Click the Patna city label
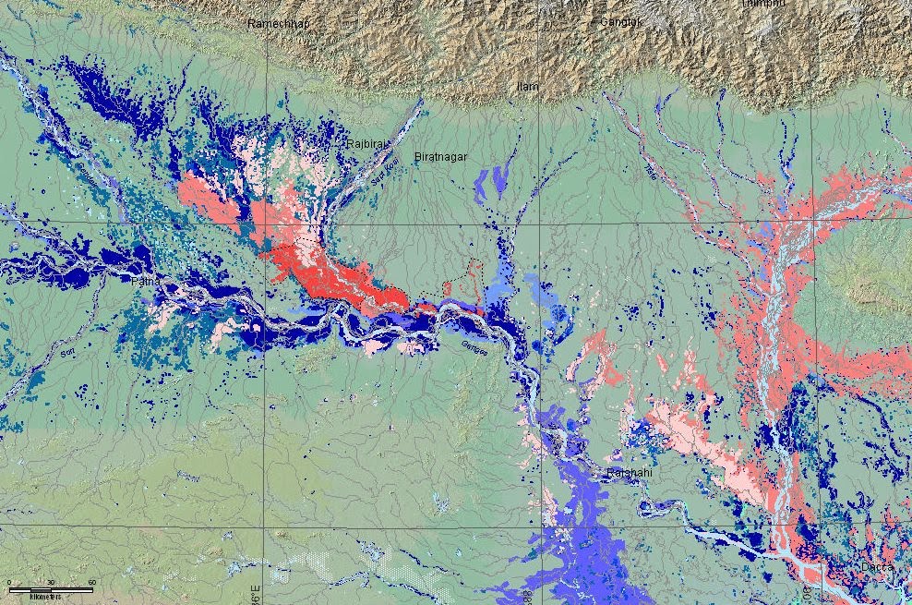(146, 279)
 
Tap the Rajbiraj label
(366, 144)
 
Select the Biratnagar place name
(440, 157)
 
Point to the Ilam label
(527, 87)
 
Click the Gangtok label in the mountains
(621, 21)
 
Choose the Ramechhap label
(279, 23)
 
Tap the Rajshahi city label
(630, 473)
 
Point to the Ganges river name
(477, 346)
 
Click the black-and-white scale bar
(51, 589)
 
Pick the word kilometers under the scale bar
(45, 598)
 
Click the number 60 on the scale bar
(92, 582)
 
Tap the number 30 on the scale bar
(51, 582)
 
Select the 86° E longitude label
(256, 591)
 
